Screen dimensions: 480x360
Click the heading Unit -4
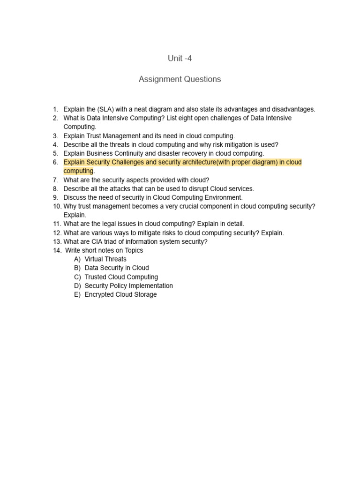(180, 59)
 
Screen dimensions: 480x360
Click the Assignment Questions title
(180, 79)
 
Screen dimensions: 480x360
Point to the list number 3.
(55, 136)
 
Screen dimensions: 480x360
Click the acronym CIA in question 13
(98, 242)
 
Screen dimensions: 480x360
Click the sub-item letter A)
(77, 259)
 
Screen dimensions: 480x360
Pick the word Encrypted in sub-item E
(100, 295)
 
